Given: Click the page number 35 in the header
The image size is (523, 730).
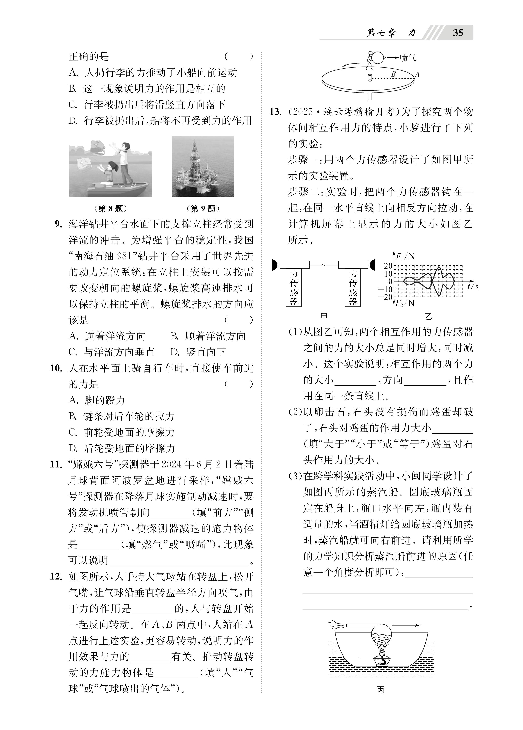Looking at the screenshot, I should (458, 33).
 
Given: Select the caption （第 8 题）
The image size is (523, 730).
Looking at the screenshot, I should (110, 209).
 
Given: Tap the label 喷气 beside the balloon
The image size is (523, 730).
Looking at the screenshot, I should (408, 58).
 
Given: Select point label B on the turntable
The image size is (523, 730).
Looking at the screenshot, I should (393, 74).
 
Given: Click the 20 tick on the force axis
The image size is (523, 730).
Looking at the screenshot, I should (388, 266).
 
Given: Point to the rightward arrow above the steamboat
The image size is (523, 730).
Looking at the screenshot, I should (406, 625).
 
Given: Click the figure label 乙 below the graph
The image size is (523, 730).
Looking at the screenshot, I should (428, 316).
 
